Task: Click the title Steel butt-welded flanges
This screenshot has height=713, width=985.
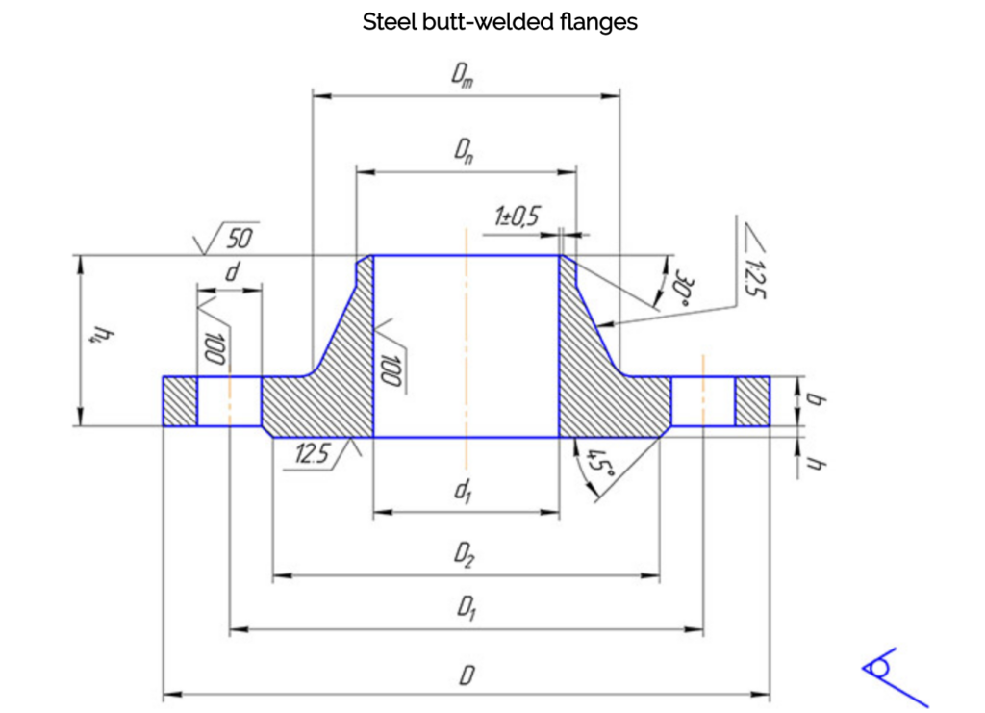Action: pyautogui.click(x=499, y=22)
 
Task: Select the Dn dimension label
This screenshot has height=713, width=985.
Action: pyautogui.click(x=466, y=149)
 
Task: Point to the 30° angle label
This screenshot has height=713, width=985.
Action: pyautogui.click(x=684, y=285)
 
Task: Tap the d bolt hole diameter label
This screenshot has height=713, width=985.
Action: pyautogui.click(x=230, y=273)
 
